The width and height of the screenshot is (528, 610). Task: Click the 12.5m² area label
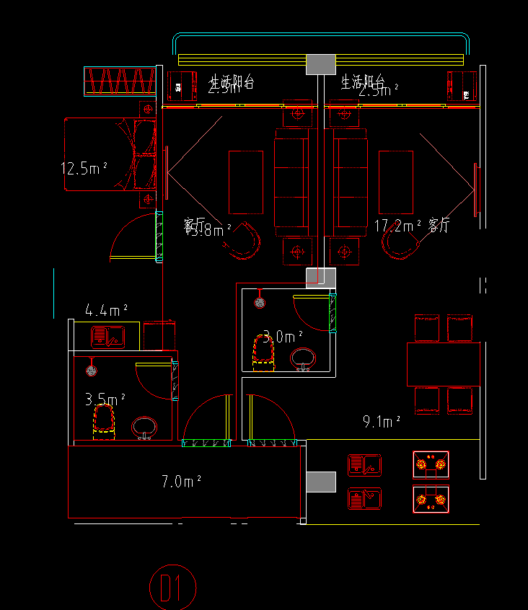pyautogui.click(x=84, y=169)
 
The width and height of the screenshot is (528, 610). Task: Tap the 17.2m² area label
pyautogui.click(x=397, y=226)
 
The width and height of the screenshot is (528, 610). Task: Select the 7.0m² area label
pyautogui.click(x=181, y=482)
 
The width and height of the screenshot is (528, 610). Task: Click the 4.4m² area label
pyautogui.click(x=106, y=311)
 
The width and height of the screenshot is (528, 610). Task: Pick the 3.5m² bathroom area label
pyautogui.click(x=105, y=399)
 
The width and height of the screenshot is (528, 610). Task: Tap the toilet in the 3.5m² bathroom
pyautogui.click(x=105, y=422)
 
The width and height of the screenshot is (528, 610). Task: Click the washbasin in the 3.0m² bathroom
pyautogui.click(x=303, y=358)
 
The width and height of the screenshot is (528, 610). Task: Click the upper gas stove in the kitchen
pyautogui.click(x=431, y=465)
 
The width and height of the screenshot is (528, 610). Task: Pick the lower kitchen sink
pyautogui.click(x=364, y=499)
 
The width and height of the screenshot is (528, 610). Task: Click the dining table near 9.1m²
pyautogui.click(x=443, y=365)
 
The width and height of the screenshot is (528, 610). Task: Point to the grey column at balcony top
pyautogui.click(x=322, y=63)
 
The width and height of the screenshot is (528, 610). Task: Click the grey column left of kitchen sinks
pyautogui.click(x=322, y=482)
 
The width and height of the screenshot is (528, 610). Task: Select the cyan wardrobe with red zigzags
pyautogui.click(x=120, y=81)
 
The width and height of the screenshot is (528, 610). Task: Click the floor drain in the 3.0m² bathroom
pyautogui.click(x=260, y=303)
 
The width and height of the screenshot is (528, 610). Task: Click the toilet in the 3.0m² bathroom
pyautogui.click(x=263, y=353)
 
